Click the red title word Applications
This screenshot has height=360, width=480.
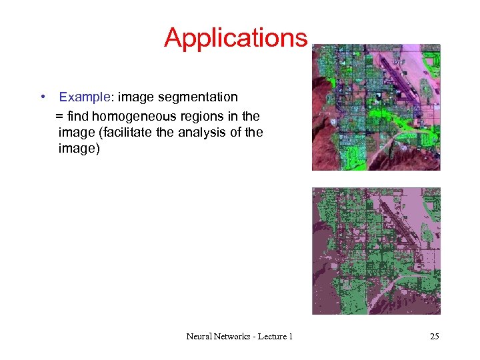pyautogui.click(x=235, y=38)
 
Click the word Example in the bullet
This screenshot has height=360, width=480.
pyautogui.click(x=84, y=97)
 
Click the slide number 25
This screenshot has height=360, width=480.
pyautogui.click(x=434, y=337)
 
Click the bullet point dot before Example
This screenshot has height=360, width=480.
pyautogui.click(x=42, y=97)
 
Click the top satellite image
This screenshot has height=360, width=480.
pyautogui.click(x=376, y=107)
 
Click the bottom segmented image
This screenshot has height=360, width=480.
pyautogui.click(x=376, y=251)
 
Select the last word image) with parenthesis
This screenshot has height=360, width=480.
pyautogui.click(x=79, y=149)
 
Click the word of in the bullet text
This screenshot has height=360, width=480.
pyautogui.click(x=235, y=132)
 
